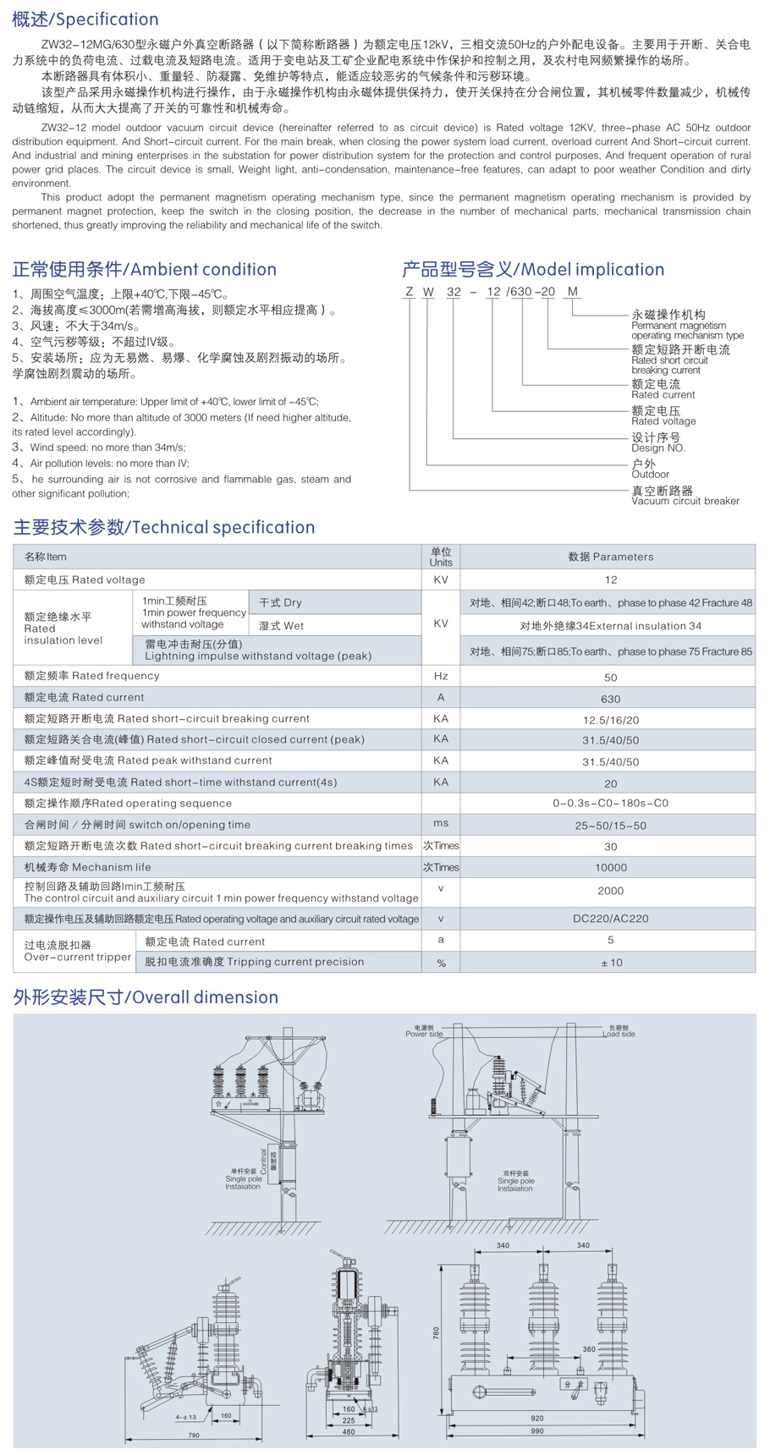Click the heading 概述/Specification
pyautogui.click(x=85, y=19)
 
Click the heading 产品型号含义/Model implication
pyautogui.click(x=533, y=269)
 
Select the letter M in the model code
pyautogui.click(x=573, y=292)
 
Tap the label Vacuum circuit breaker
pyautogui.click(x=685, y=501)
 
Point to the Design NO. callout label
pyautogui.click(x=658, y=447)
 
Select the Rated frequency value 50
pyautogui.click(x=610, y=677)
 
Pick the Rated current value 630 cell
pyautogui.click(x=610, y=699)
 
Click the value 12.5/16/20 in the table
pyautogui.click(x=610, y=720)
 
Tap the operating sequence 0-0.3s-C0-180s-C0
pyautogui.click(x=610, y=803)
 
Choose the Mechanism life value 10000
pyautogui.click(x=610, y=867)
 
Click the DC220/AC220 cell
pyautogui.click(x=610, y=919)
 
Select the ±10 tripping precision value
pyautogui.click(x=610, y=963)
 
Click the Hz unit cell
pyautogui.click(x=441, y=676)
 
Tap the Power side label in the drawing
pyautogui.click(x=424, y=1034)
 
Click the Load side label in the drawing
pyautogui.click(x=619, y=1034)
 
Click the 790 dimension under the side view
pyautogui.click(x=193, y=1435)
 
